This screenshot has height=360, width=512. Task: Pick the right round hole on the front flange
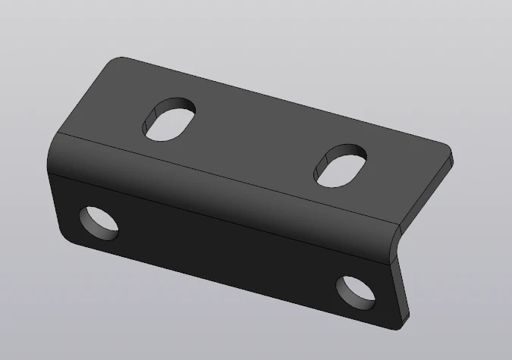pos(357,293)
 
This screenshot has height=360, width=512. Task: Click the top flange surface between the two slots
pos(254,140)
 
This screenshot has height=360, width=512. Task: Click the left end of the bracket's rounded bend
pos(55,155)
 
